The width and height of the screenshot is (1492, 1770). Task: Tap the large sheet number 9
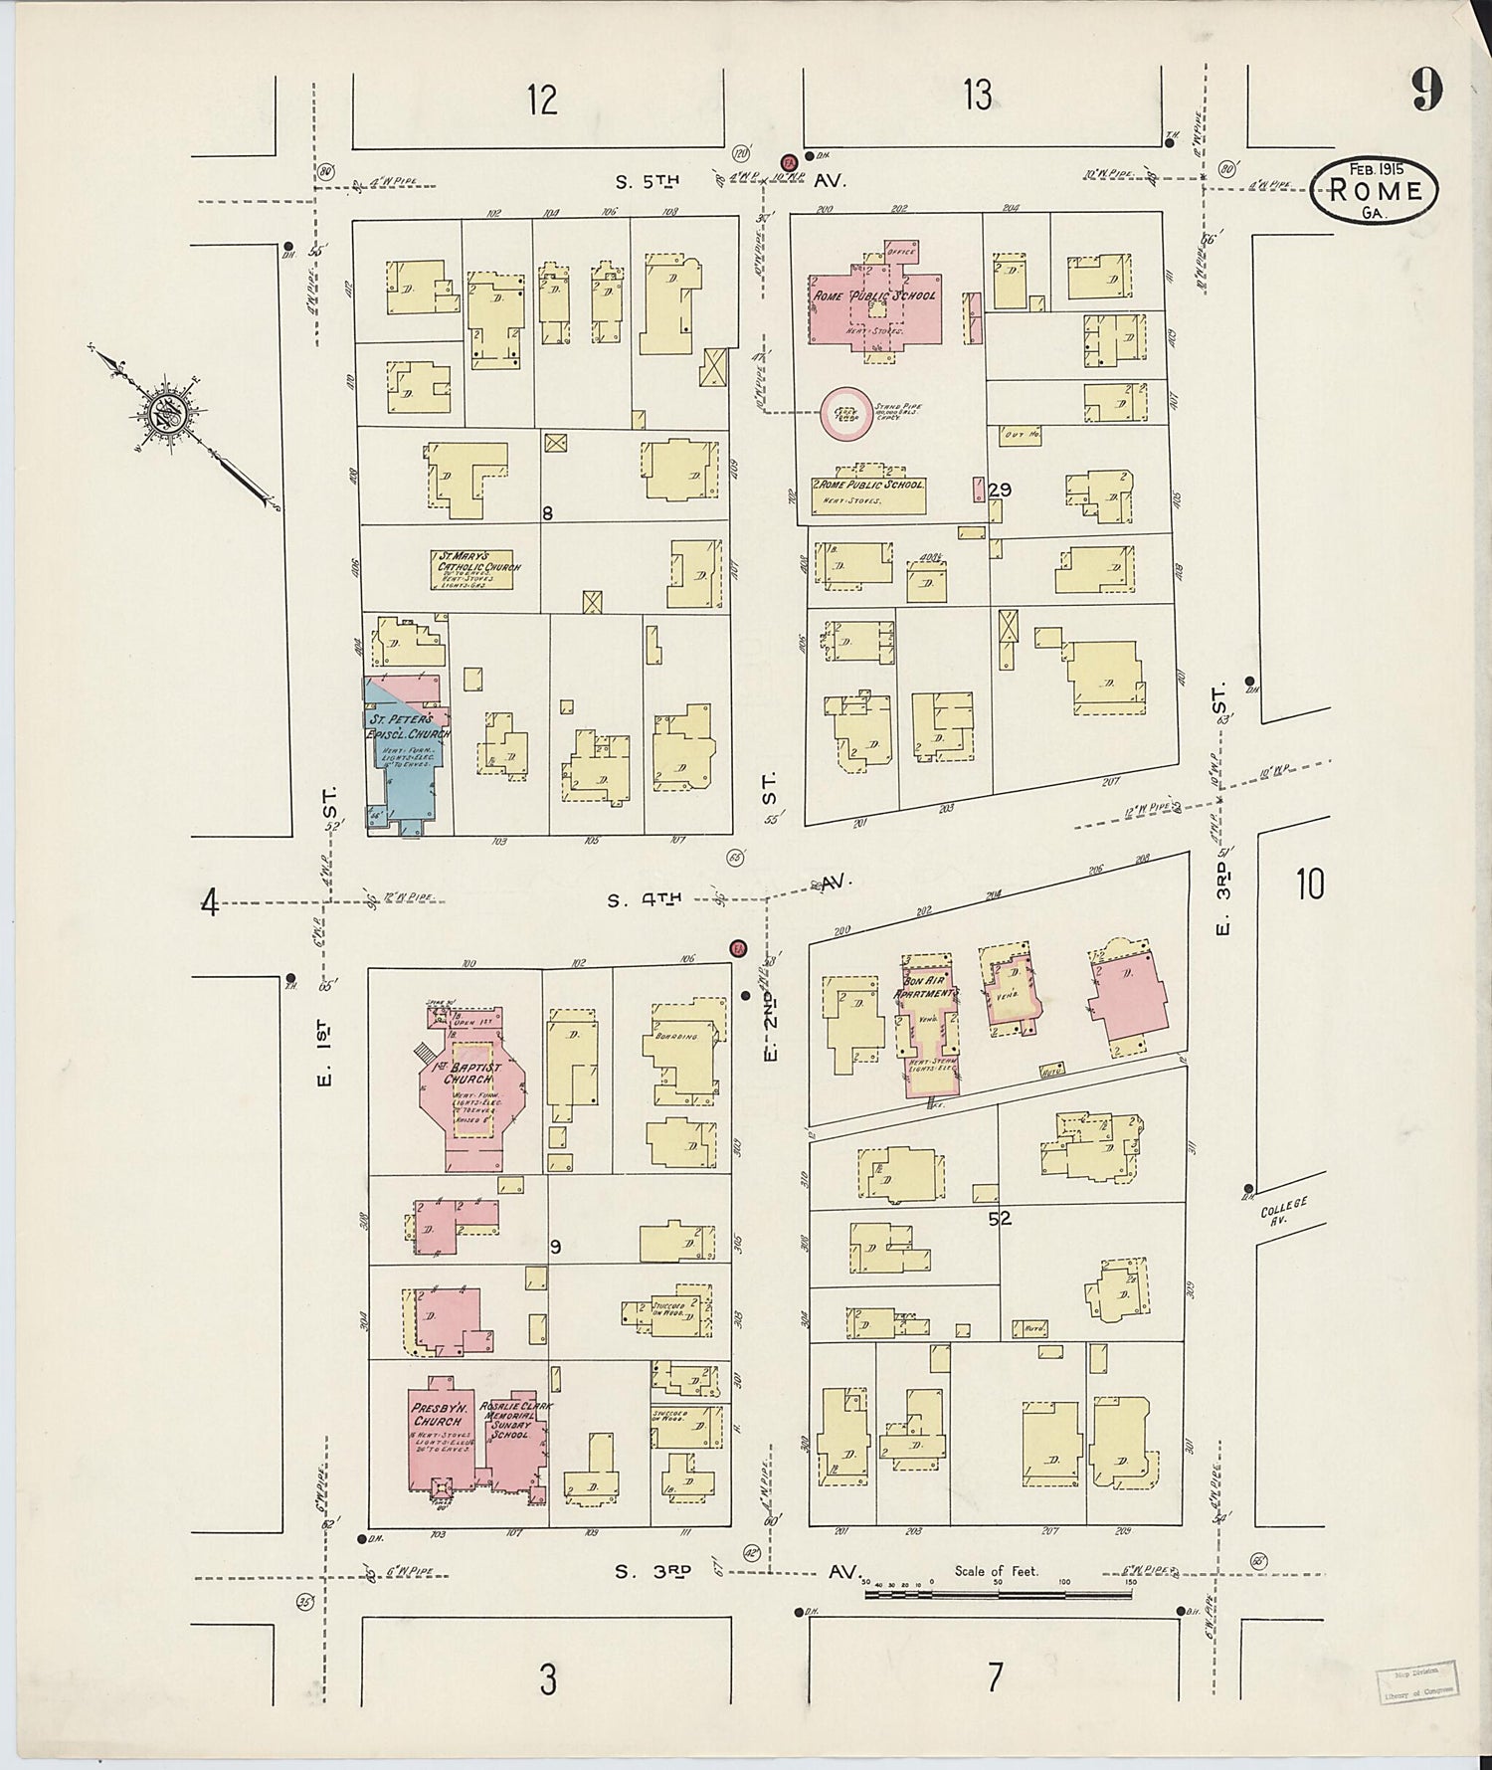[1425, 93]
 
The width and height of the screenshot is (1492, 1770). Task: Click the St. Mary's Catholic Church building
[472, 569]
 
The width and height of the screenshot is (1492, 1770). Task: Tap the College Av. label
[1283, 1210]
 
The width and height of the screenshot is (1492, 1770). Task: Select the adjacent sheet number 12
[542, 100]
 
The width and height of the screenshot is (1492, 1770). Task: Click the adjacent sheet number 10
[1310, 883]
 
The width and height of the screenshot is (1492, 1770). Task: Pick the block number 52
[1000, 1217]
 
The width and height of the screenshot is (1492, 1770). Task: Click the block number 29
[1000, 490]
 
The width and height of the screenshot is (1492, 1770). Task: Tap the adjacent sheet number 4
[209, 902]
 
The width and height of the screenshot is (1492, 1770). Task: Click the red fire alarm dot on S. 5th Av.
[789, 160]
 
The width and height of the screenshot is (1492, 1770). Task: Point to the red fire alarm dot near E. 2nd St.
[738, 948]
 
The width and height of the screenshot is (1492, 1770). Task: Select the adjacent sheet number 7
[995, 1678]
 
